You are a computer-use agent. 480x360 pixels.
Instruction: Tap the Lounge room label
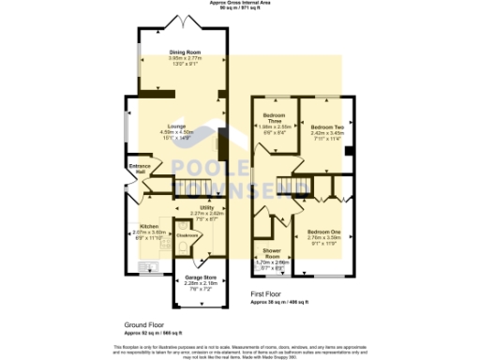175,126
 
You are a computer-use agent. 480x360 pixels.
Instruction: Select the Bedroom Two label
327,127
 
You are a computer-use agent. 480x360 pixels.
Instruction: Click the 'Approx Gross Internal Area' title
239,4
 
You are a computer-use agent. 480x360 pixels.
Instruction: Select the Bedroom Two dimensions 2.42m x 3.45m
327,132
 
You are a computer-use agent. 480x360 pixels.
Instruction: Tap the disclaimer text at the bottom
239,349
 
